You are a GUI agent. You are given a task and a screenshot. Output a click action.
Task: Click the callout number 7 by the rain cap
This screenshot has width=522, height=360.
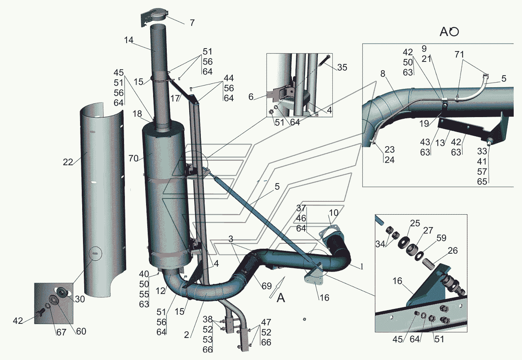[192, 23]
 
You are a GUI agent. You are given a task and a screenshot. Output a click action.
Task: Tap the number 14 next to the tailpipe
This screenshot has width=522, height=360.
[128, 41]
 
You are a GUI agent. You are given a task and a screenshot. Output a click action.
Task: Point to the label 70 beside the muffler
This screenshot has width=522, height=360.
[133, 158]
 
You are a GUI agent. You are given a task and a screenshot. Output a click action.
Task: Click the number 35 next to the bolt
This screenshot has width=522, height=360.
[342, 67]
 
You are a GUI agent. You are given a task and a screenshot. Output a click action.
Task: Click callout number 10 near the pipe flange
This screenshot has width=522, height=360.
[334, 213]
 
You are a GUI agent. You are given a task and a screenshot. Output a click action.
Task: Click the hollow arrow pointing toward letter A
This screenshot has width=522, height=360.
[274, 290]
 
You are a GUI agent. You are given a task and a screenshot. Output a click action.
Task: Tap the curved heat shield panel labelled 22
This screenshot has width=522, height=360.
[102, 199]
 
